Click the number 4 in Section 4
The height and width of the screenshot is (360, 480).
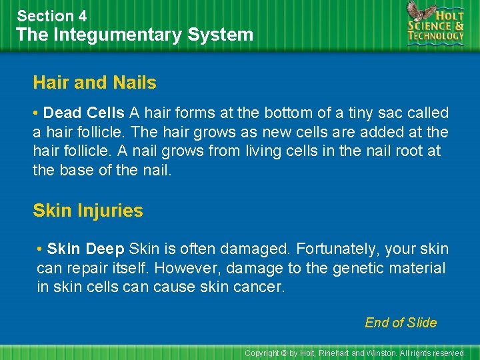pyautogui.click(x=82, y=16)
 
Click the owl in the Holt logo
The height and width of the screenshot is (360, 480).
pyautogui.click(x=418, y=13)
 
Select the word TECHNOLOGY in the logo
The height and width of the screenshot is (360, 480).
pyautogui.click(x=437, y=37)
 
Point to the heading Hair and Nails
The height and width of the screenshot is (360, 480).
pyautogui.click(x=95, y=83)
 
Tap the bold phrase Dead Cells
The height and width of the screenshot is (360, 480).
pyautogui.click(x=84, y=113)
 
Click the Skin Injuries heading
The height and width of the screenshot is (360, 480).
pyautogui.click(x=88, y=211)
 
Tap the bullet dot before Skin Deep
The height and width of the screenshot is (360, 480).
pyautogui.click(x=41, y=249)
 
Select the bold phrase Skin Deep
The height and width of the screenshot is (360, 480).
pyautogui.click(x=86, y=249)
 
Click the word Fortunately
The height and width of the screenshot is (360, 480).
pyautogui.click(x=336, y=249)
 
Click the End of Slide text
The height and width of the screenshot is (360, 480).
pyautogui.click(x=401, y=323)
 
